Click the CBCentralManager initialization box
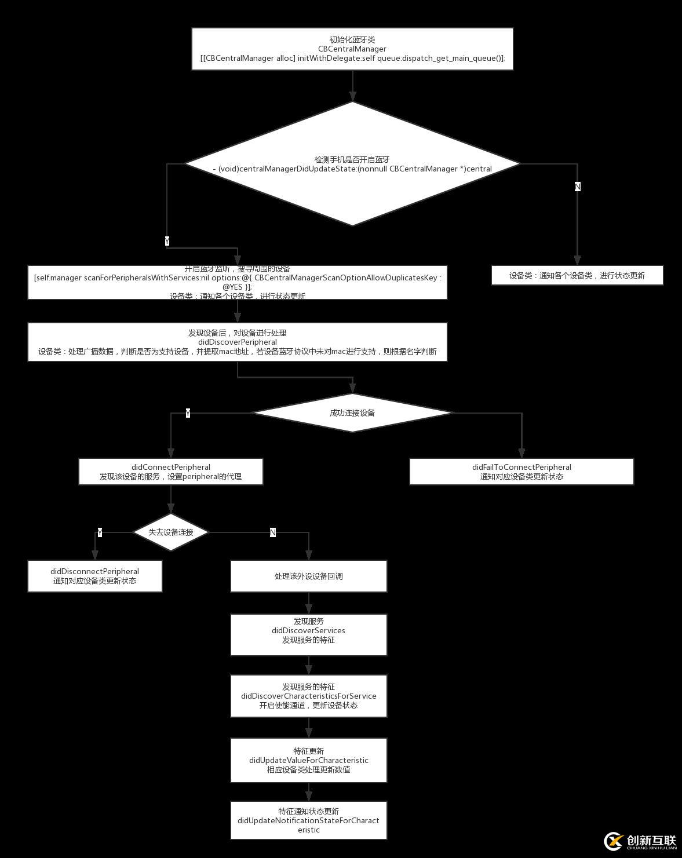tap(352, 49)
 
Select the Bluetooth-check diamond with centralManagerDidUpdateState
tap(352, 164)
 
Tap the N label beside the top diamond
tap(577, 187)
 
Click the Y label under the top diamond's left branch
tap(167, 241)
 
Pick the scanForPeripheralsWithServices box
tap(237, 282)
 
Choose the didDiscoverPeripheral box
tap(237, 342)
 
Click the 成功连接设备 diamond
tap(352, 413)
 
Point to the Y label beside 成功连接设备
tap(188, 413)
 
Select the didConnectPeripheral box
tap(170, 472)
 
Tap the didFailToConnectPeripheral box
tap(521, 472)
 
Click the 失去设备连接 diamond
tap(170, 532)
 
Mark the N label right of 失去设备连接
tap(273, 532)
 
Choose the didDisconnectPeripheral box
tap(94, 576)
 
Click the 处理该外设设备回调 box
tap(308, 576)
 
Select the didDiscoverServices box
tap(308, 634)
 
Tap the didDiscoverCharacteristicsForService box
tap(308, 696)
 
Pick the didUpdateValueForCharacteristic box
tap(308, 760)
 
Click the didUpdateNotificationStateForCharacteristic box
tap(308, 820)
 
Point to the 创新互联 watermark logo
tap(640, 842)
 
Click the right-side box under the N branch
tap(577, 275)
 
